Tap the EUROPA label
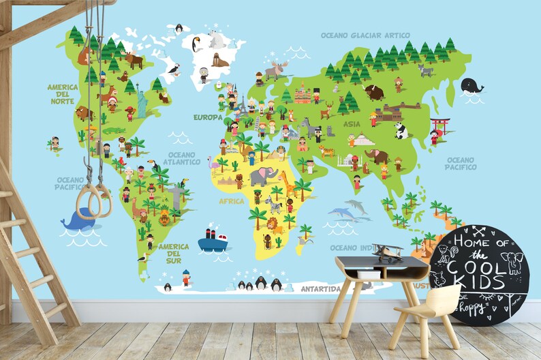click(208, 117)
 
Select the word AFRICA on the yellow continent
click(231, 201)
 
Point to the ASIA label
click(352, 124)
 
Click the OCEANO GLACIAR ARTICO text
click(365, 35)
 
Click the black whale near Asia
click(471, 86)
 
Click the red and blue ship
click(213, 240)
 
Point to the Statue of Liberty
click(142, 102)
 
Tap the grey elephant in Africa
click(264, 177)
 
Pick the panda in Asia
click(401, 130)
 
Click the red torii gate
click(440, 126)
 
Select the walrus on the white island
click(219, 61)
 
